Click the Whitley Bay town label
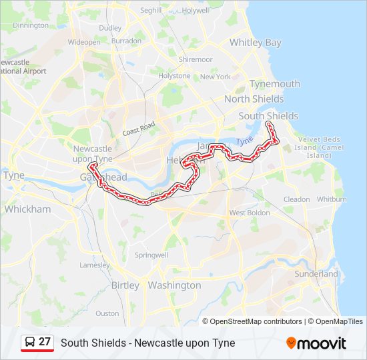click(x=256, y=43)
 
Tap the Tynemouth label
click(x=275, y=84)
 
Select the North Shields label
click(x=254, y=99)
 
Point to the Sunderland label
click(x=316, y=274)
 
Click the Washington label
click(x=174, y=285)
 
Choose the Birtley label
click(x=125, y=285)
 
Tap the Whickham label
click(x=27, y=209)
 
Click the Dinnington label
click(x=31, y=25)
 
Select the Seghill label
click(x=151, y=11)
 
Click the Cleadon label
click(x=297, y=199)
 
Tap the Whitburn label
click(x=332, y=199)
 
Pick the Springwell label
click(x=151, y=255)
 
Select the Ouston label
click(x=107, y=313)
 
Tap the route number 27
click(x=45, y=342)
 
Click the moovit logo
click(x=316, y=343)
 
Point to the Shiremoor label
click(x=195, y=59)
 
